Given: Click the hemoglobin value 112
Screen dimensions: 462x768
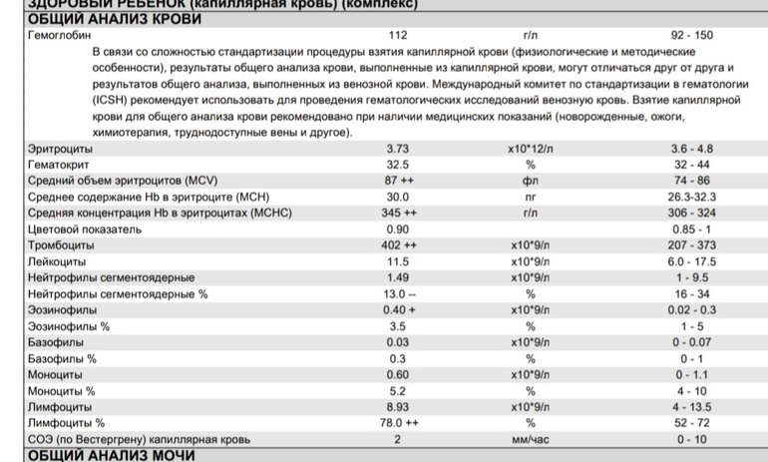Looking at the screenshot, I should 398,35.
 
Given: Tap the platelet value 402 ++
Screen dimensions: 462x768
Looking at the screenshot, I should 402,244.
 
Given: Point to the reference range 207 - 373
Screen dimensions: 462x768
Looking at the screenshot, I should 692,244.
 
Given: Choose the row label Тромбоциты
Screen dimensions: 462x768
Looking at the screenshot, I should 61,244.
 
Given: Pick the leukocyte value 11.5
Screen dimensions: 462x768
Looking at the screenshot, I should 398,260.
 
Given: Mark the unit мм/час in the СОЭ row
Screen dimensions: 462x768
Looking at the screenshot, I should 531,439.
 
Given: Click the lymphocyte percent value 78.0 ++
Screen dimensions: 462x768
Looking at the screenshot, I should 402,423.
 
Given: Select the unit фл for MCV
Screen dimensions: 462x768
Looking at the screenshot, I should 530,181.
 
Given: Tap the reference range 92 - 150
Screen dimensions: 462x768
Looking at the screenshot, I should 692,35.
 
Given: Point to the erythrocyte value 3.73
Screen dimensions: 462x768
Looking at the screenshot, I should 398,149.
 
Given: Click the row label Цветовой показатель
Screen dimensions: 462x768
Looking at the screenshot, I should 85,229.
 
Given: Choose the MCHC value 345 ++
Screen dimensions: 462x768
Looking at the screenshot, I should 402,213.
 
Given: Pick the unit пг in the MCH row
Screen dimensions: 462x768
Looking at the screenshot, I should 530,197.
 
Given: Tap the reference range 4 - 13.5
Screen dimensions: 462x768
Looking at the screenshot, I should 692,407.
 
